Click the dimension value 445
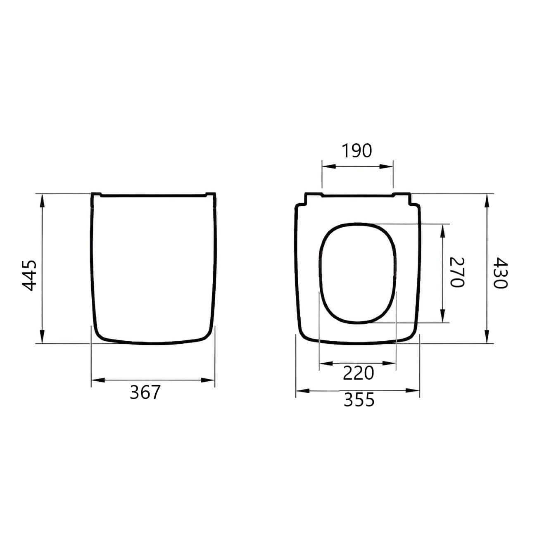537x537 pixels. pos(29,276)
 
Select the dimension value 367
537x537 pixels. pos(145,392)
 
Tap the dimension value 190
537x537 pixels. pos(357,151)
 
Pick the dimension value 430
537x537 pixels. pos(500,273)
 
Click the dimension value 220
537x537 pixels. pos(358,373)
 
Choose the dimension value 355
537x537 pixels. pos(359,400)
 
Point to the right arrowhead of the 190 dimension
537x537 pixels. pos(387,166)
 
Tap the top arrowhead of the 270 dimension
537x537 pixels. pos(443,231)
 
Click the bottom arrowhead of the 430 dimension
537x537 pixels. pos(487,335)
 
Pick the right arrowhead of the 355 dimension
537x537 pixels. pos(413,390)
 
